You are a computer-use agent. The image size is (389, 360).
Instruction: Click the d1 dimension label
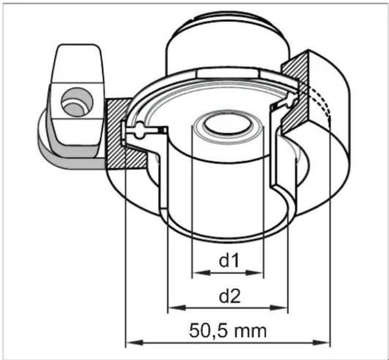(228, 261)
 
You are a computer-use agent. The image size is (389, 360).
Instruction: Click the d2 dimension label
(229, 297)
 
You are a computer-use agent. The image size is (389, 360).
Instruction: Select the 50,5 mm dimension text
(228, 331)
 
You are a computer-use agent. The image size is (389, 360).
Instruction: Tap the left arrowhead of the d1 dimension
(202, 273)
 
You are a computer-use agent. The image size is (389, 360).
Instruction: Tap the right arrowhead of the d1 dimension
(254, 273)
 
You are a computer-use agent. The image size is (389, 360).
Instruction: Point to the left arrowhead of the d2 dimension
(177, 308)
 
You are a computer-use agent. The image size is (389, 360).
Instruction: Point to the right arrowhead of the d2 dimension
(279, 308)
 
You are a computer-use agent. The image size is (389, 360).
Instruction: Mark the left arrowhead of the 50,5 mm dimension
(135, 343)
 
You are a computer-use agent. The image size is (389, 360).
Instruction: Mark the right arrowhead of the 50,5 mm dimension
(321, 343)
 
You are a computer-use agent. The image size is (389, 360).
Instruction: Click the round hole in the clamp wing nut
(77, 102)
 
